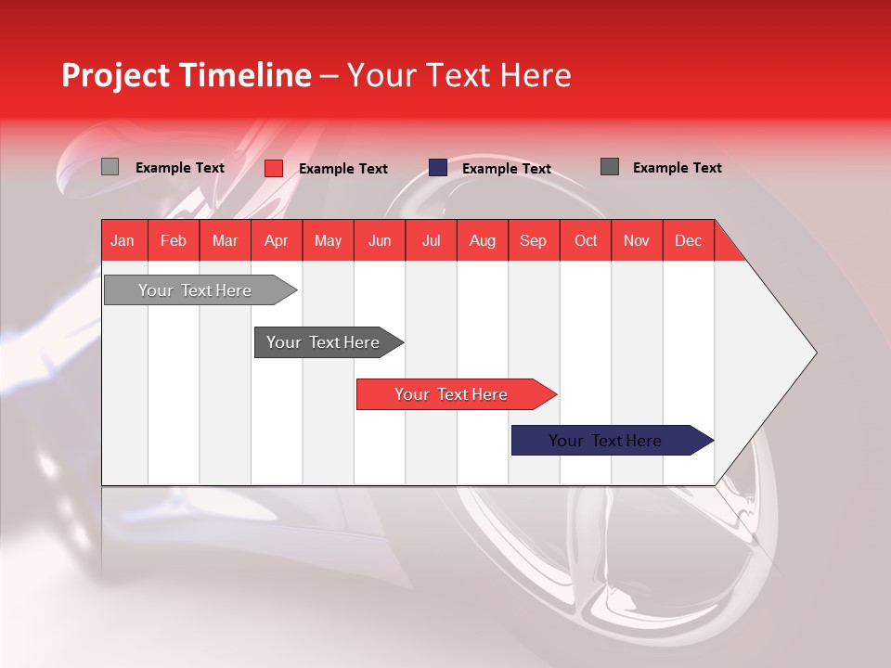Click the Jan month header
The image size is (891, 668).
tap(123, 240)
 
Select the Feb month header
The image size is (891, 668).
tap(174, 240)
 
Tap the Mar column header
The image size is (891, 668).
tap(225, 240)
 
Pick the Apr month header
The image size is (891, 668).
tap(276, 240)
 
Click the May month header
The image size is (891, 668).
tap(328, 240)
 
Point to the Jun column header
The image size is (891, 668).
tap(380, 240)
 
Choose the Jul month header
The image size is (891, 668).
tap(431, 240)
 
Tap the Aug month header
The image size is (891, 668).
tap(482, 240)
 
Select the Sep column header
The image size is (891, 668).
tap(533, 240)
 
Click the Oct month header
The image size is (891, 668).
tap(586, 240)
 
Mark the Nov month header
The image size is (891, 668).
tap(637, 240)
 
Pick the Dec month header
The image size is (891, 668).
tap(688, 240)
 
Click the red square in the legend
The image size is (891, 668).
tap(274, 168)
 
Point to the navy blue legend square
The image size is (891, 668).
tap(438, 168)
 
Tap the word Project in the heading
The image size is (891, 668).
tap(115, 75)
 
